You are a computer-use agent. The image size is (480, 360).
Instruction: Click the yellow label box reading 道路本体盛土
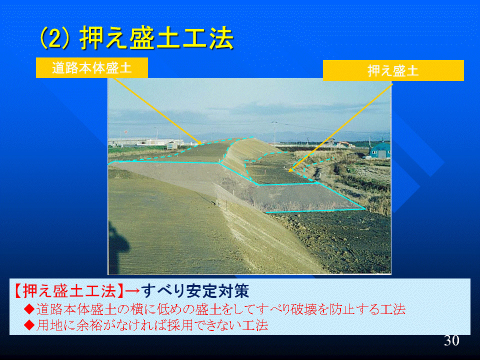pos(92,67)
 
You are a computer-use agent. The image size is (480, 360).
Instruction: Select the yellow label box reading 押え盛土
pos(393,70)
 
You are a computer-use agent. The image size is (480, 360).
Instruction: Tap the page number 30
pos(452,340)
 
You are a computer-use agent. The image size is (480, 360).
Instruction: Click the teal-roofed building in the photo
pos(380,150)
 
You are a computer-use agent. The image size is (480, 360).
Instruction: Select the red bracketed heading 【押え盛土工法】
pos(69,291)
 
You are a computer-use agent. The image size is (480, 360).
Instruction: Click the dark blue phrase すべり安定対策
pos(195,291)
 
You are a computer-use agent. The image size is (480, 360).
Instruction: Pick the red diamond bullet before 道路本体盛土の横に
pos(29,309)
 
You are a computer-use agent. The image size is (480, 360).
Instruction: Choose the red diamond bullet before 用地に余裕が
pos(29,325)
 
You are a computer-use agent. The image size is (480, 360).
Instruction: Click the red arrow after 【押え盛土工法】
pos(133,291)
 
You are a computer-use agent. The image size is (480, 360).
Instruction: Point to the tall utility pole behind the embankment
pos(274,132)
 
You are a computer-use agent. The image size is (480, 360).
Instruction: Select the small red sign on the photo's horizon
pos(125,132)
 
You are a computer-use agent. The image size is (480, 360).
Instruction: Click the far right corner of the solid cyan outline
pos(365,209)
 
